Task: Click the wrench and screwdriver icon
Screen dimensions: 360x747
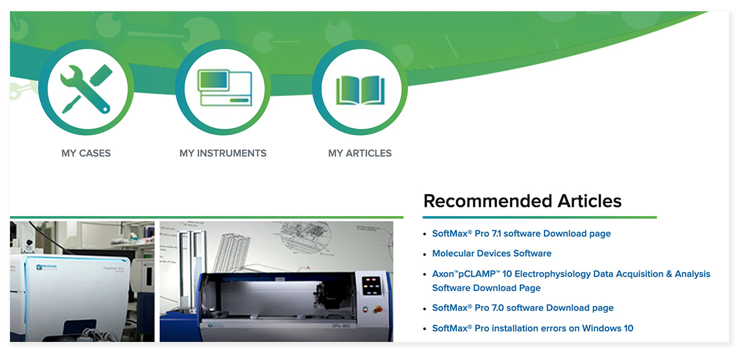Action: pos(86,88)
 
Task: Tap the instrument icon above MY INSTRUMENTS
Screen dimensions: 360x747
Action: pos(223,88)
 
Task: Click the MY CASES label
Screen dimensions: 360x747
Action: pos(86,153)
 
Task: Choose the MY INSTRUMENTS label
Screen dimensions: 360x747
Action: pos(223,153)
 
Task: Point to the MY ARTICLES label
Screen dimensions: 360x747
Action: pos(360,153)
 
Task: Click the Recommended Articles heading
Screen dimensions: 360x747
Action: pos(522,201)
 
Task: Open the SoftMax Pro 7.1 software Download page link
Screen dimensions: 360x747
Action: pos(521,234)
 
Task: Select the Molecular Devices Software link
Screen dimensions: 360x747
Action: pos(492,253)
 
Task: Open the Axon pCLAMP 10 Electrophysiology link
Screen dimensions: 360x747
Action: pos(571,274)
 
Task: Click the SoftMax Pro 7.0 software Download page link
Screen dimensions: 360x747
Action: pos(523,308)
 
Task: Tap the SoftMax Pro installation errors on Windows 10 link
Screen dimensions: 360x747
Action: pos(532,328)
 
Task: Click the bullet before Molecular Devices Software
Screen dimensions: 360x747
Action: pos(425,254)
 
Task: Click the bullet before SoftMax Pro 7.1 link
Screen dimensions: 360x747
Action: pos(425,234)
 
